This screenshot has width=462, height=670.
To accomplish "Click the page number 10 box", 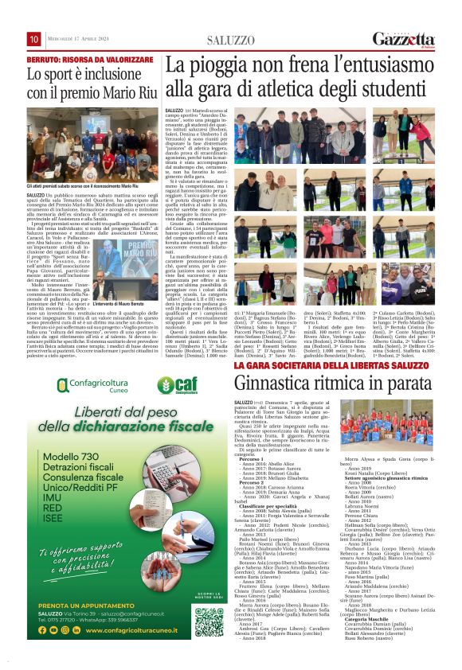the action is pos(33,39).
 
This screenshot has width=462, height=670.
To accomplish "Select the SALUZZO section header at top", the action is pos(230,40).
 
